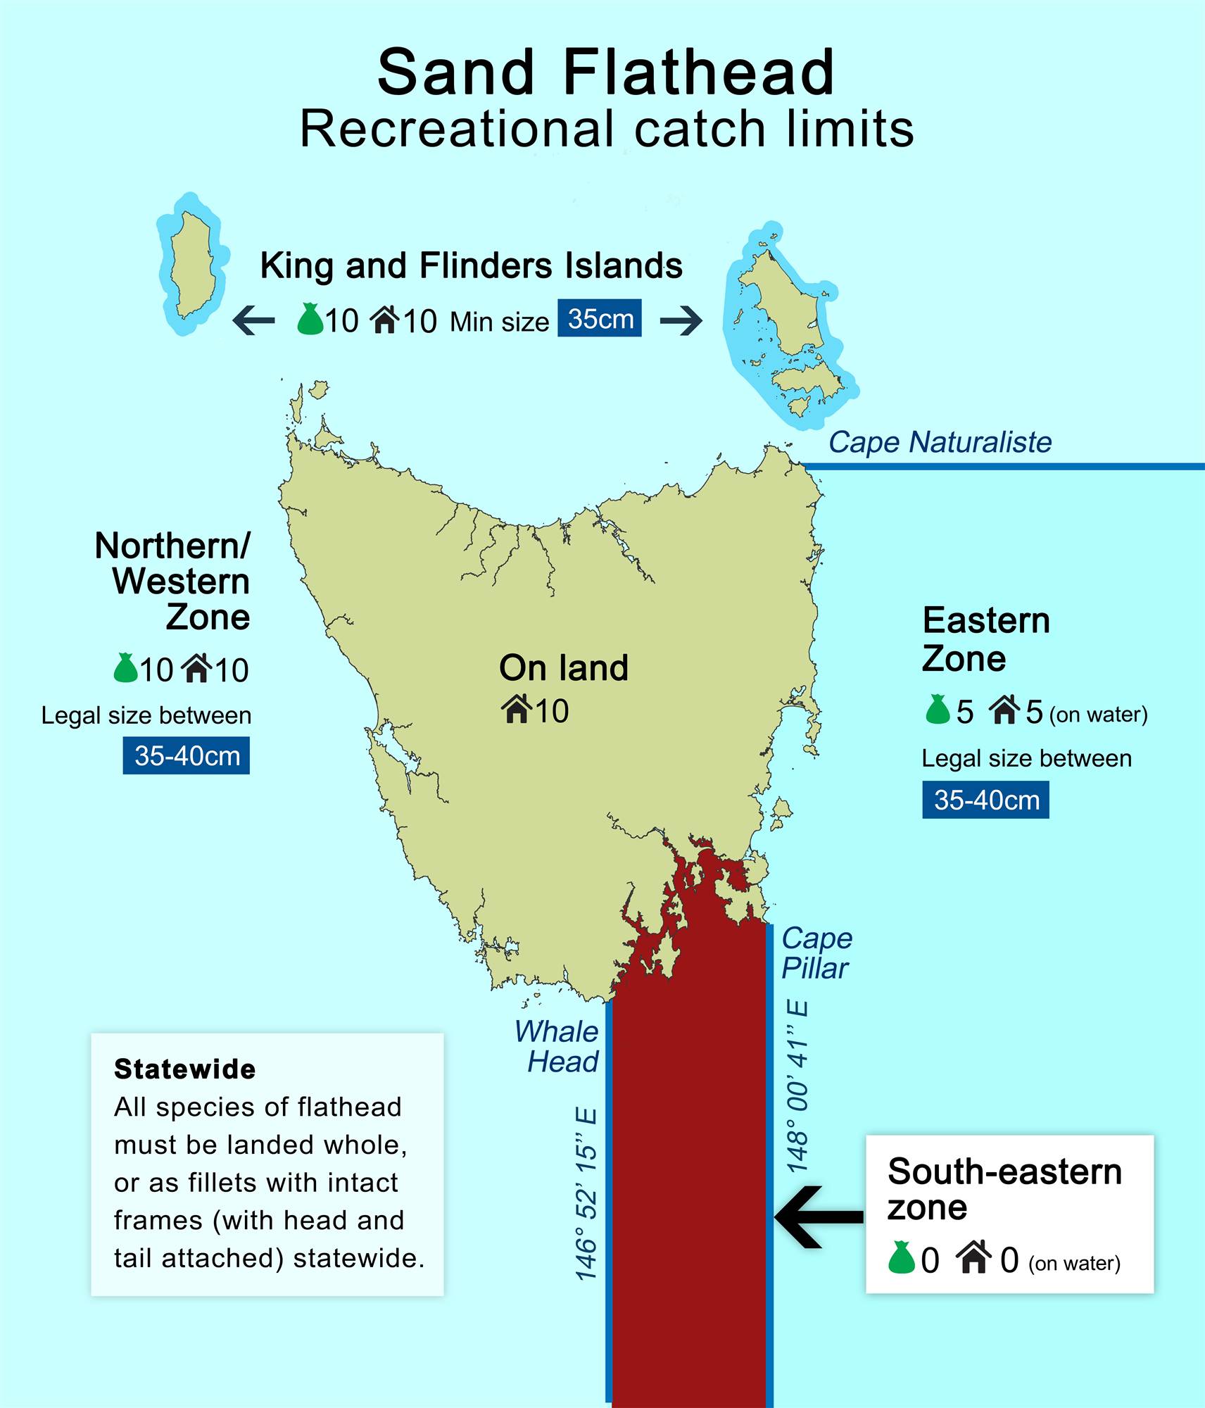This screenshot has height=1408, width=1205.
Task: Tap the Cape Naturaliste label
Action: point(939,443)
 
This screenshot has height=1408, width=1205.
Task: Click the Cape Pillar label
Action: point(816,953)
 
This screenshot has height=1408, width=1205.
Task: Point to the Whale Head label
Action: point(557,1046)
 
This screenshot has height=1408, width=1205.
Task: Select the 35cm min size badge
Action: point(600,318)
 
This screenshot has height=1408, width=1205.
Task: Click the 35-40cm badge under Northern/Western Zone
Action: point(187,755)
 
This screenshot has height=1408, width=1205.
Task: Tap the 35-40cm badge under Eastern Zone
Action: point(985,800)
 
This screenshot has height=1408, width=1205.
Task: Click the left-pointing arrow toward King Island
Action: point(254,320)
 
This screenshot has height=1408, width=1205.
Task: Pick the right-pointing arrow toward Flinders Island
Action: point(681,320)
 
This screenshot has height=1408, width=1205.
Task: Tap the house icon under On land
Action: point(517,709)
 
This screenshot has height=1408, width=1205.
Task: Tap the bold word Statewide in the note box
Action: point(184,1069)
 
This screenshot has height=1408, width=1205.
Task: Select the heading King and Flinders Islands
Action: point(471,266)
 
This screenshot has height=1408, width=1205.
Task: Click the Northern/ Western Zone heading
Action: point(173,582)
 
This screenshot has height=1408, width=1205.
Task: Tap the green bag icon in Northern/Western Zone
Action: point(125,668)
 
